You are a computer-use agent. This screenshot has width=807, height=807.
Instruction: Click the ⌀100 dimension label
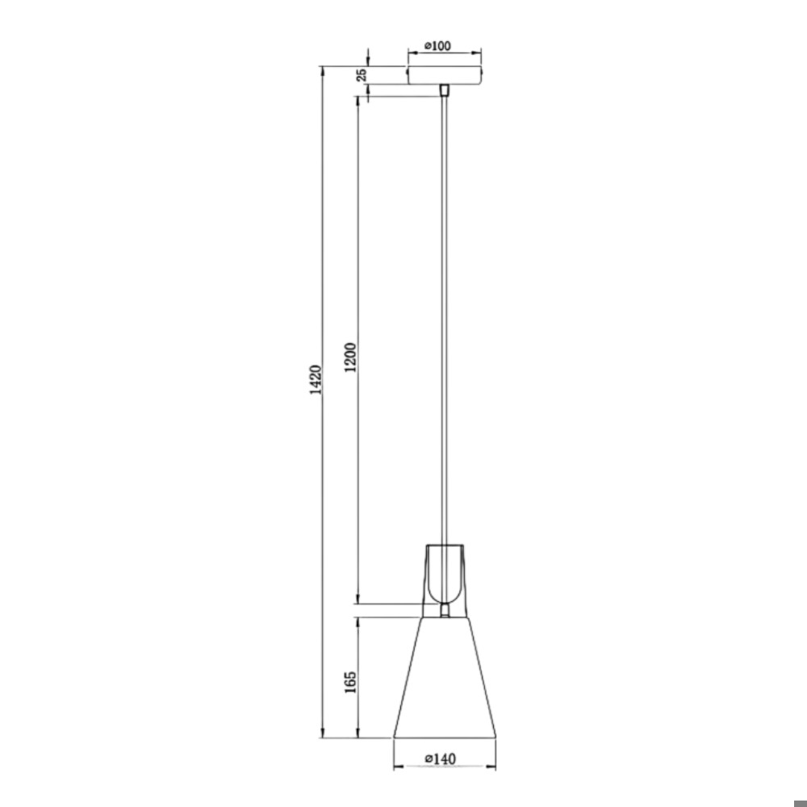pos(437,46)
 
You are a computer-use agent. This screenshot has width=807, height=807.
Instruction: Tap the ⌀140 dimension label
pos(441,759)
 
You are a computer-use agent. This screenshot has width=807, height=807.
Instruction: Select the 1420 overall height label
pos(316,380)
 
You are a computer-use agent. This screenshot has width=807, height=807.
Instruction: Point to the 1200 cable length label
pos(350,358)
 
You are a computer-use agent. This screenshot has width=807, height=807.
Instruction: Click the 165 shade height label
pos(350,682)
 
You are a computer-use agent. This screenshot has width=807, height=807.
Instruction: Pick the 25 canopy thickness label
pos(362,74)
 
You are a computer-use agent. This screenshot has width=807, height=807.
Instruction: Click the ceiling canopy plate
pos(445,75)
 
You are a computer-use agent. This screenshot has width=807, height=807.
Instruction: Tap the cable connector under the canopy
pos(445,90)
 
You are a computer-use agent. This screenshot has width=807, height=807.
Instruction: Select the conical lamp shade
pos(445,677)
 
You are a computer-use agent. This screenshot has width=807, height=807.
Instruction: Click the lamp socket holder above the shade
pos(445,580)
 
